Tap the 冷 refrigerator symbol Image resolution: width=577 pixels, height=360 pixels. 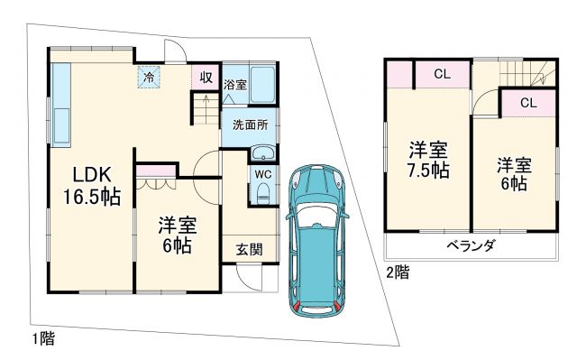[146, 77]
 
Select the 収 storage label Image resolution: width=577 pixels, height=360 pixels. [205, 77]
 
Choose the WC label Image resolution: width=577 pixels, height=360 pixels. [262, 173]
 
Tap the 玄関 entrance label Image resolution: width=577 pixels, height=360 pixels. [249, 249]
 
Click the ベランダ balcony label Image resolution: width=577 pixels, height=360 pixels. [470, 245]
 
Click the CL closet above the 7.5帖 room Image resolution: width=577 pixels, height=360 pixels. [442, 73]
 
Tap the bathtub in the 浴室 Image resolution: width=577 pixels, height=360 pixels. [262, 85]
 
